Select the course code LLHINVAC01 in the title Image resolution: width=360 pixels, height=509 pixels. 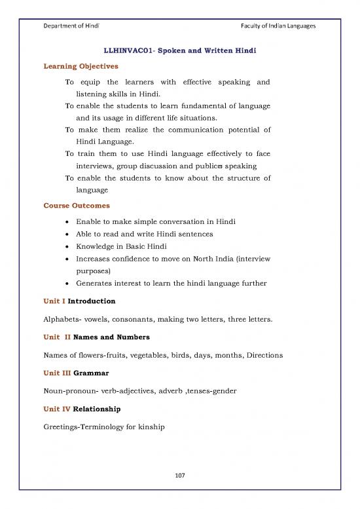[129, 50]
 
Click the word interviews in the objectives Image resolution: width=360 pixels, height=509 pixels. [96, 166]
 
